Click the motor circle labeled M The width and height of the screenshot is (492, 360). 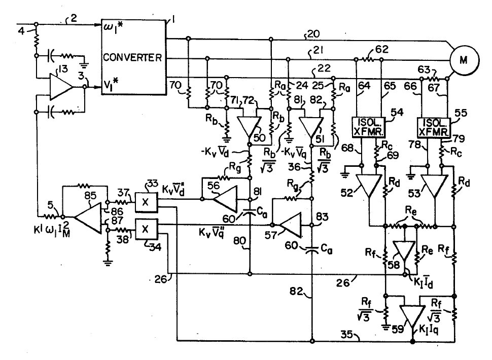point(463,59)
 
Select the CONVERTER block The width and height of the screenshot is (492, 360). point(133,57)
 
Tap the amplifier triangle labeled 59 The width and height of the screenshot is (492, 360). point(412,317)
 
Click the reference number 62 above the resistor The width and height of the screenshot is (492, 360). point(381,49)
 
